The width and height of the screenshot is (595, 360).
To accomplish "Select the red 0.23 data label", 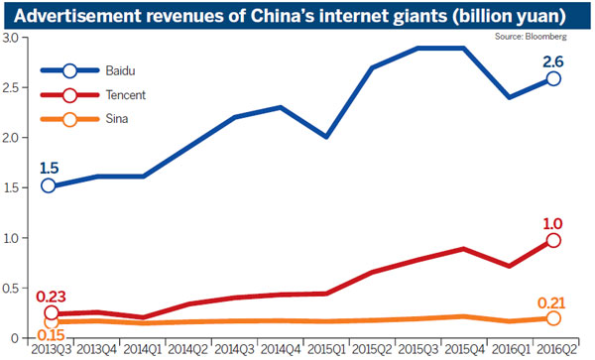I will tap(51, 295).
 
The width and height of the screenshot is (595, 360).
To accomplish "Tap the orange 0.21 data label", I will tap(553, 300).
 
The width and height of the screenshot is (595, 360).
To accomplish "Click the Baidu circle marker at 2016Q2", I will tap(552, 78).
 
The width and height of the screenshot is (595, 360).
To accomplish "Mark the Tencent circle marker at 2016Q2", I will tap(552, 240).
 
